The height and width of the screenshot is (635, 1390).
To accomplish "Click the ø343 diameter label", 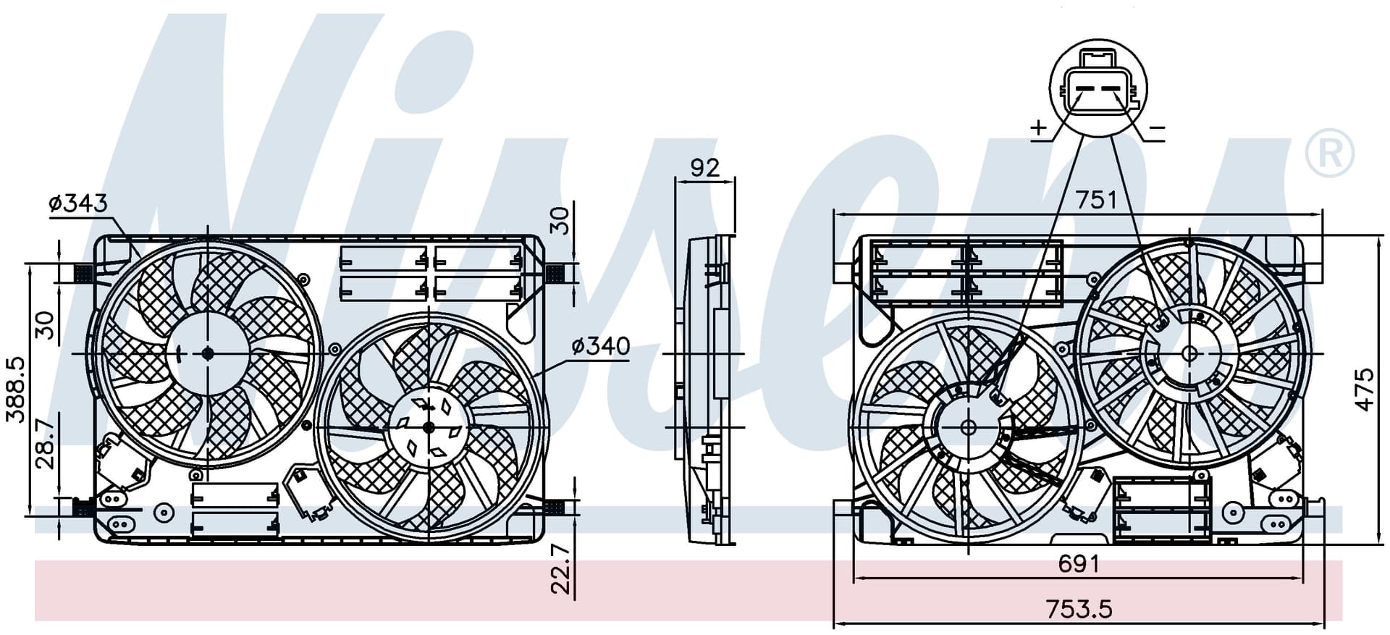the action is (78, 203).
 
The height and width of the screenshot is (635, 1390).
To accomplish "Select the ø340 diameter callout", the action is (601, 346).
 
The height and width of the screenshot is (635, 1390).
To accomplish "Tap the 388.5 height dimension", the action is (16, 389).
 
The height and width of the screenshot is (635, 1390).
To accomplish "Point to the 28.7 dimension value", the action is (45, 443).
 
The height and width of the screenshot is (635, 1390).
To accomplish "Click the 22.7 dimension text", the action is (562, 569).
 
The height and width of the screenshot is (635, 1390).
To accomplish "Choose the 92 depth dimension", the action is (705, 167).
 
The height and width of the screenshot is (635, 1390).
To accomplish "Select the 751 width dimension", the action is (1096, 199).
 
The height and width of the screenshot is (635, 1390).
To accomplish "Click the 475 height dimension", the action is (1364, 390).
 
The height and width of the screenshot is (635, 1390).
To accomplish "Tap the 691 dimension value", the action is (1079, 563).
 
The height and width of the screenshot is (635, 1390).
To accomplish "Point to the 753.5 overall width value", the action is (1079, 609).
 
